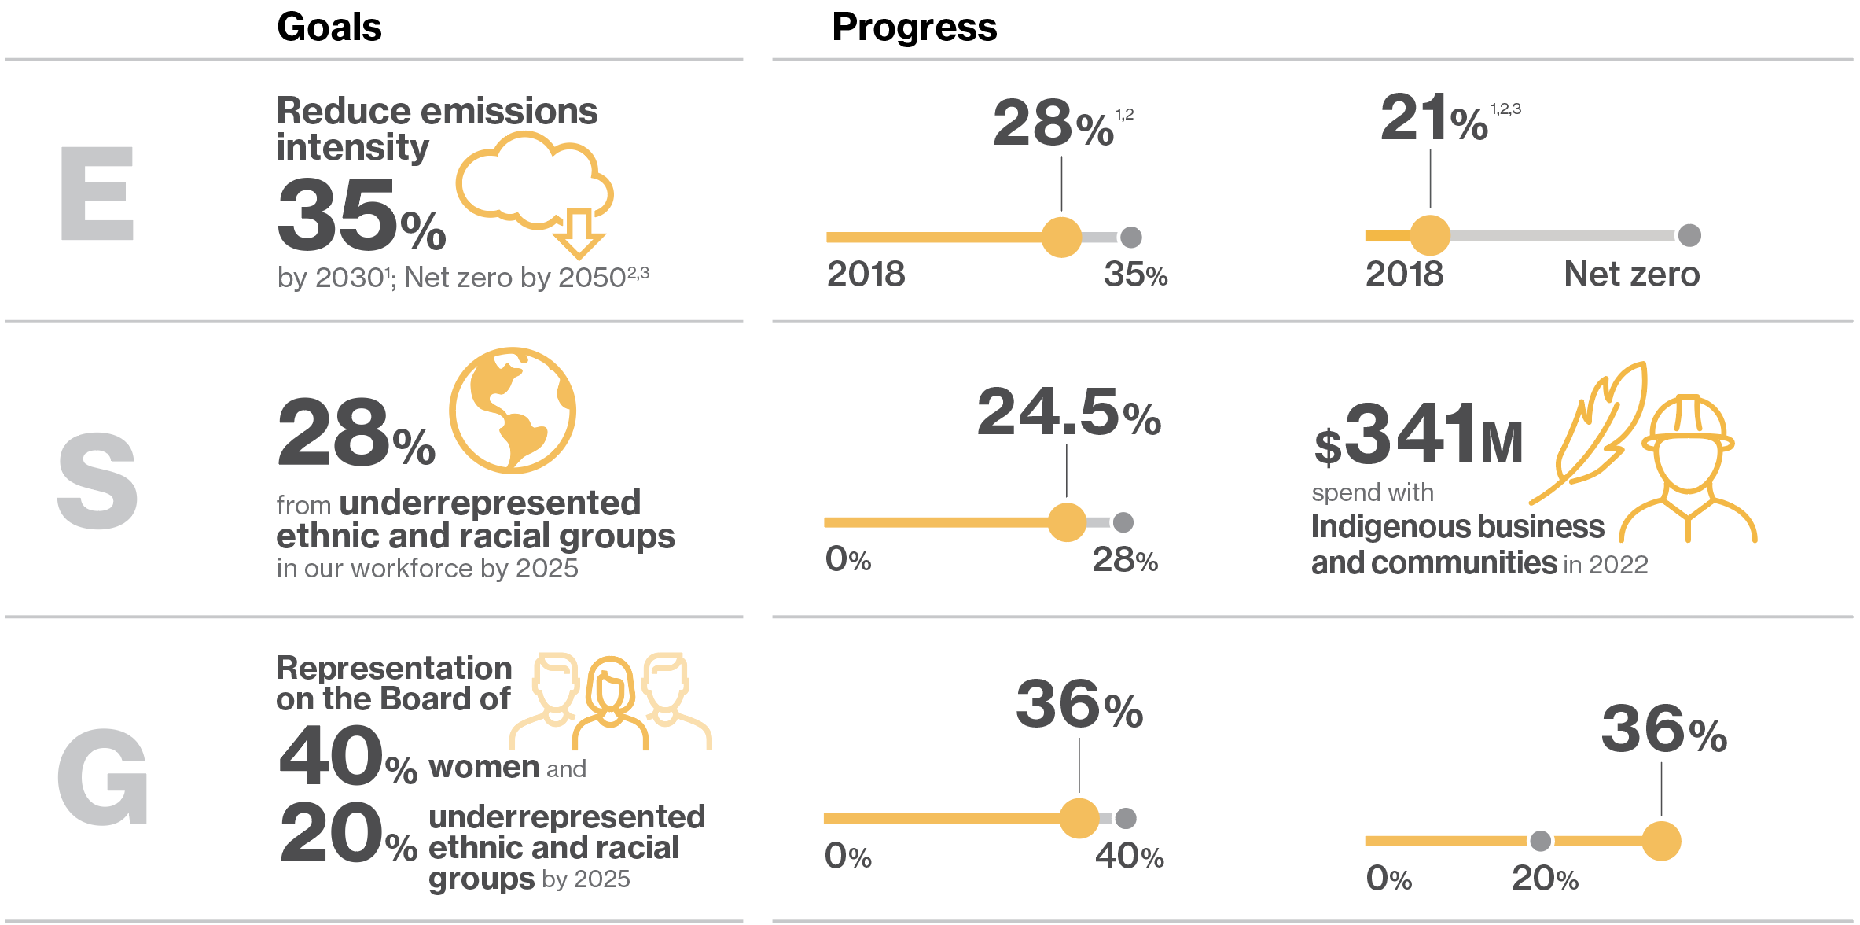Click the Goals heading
(x=329, y=28)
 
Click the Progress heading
(x=913, y=28)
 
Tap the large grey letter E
(x=97, y=193)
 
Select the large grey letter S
(x=97, y=481)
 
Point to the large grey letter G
(x=102, y=777)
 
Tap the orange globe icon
(x=513, y=410)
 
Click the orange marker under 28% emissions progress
(x=1061, y=238)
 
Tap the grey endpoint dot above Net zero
(x=1689, y=235)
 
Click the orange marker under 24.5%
(x=1067, y=522)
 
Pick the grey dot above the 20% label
(x=1540, y=841)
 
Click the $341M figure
(x=1418, y=435)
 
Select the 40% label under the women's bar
(x=1129, y=857)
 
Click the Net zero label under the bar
(x=1631, y=275)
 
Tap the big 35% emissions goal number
(x=361, y=215)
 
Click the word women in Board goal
(x=483, y=767)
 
